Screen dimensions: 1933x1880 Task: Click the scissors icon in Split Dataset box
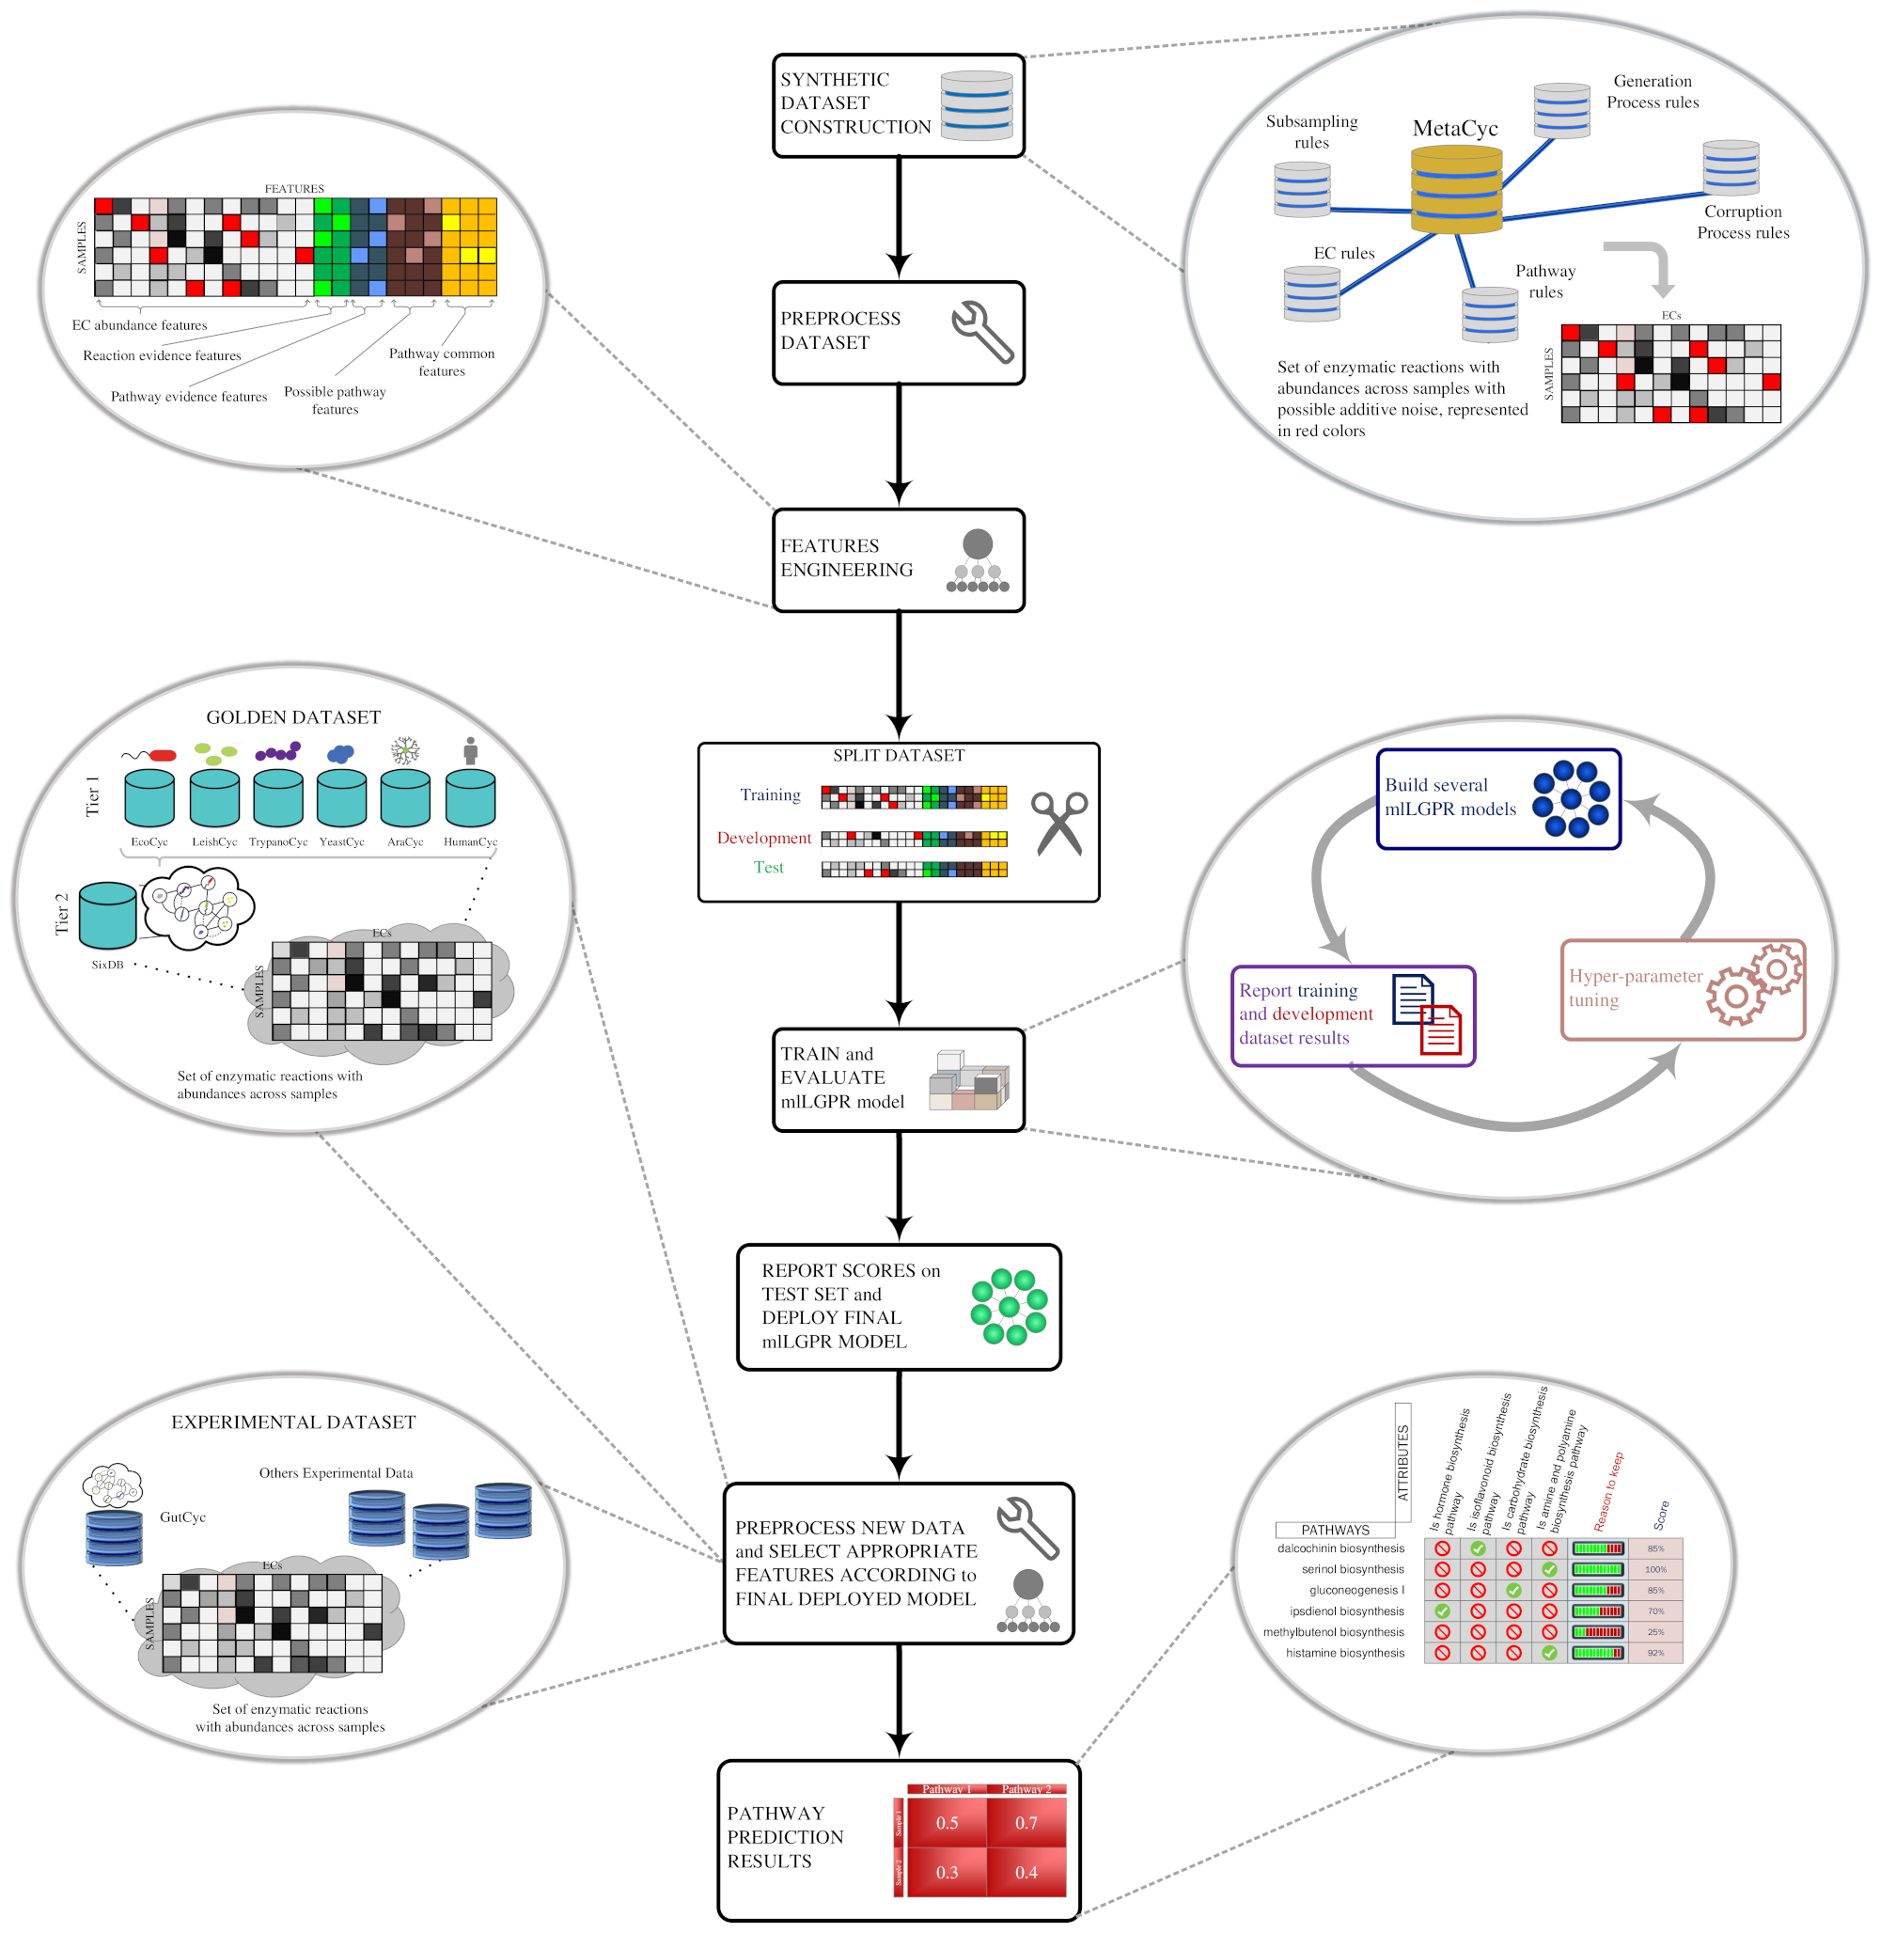[1058, 823]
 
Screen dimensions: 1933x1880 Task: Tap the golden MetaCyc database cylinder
[1455, 190]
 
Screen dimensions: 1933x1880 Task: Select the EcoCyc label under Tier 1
[149, 841]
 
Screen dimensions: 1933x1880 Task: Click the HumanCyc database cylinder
[470, 797]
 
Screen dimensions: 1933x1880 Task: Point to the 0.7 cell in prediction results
[1026, 1822]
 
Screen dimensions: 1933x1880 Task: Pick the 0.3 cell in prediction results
[947, 1872]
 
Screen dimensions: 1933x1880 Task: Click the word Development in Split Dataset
[763, 838]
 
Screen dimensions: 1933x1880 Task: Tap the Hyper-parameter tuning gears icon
[1754, 983]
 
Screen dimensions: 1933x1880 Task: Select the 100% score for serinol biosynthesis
[1655, 1569]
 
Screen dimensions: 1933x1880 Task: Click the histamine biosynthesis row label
[1344, 1653]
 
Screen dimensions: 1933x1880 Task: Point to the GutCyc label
[182, 1517]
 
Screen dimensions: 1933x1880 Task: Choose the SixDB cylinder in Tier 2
[107, 916]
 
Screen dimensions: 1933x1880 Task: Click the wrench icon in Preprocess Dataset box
[981, 332]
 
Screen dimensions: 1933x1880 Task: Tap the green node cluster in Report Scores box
[1008, 1307]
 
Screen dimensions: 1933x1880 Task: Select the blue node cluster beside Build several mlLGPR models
[1570, 798]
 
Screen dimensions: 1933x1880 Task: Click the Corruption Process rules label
[1742, 222]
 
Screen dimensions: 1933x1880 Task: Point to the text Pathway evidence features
[189, 397]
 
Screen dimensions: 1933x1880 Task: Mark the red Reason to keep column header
[1608, 1491]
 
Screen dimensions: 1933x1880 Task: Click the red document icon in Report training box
[1441, 1030]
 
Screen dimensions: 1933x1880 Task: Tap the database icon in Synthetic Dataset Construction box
[976, 104]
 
